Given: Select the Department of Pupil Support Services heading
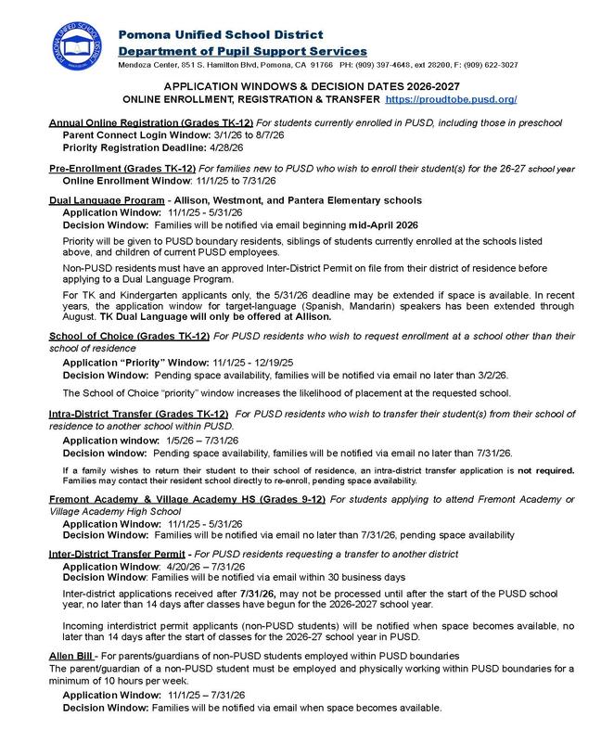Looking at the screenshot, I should [x=242, y=50].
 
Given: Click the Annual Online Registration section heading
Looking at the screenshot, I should [x=122, y=122].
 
